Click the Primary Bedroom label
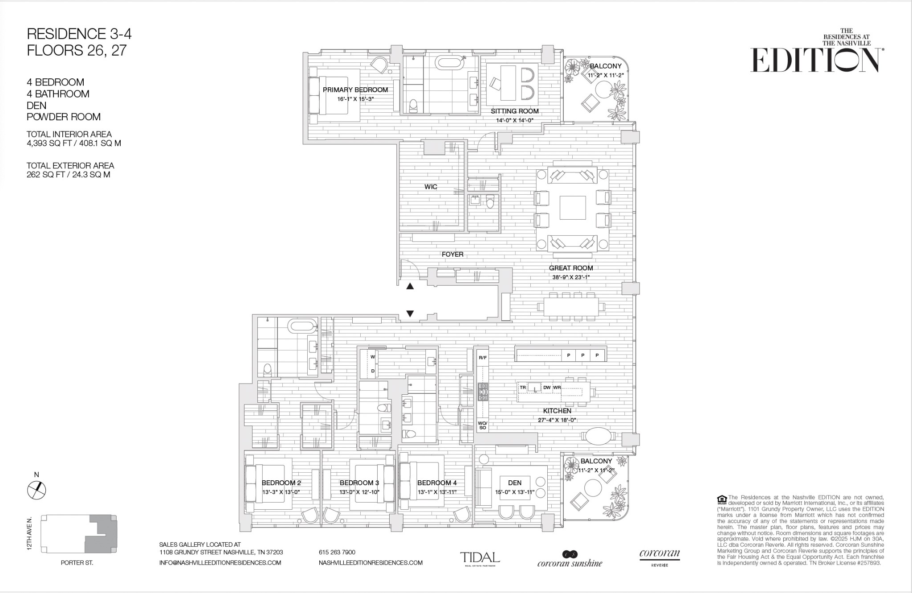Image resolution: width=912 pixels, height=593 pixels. (355, 90)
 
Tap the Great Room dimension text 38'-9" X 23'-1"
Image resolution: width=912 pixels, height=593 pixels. (571, 277)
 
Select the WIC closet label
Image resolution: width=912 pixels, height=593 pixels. (431, 187)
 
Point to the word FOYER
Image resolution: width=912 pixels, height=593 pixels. (452, 254)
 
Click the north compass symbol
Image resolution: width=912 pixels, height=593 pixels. (37, 491)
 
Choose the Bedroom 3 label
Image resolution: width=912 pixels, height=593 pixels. (359, 483)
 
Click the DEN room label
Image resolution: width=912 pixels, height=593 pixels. (515, 483)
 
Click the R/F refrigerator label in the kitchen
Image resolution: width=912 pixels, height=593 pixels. (483, 358)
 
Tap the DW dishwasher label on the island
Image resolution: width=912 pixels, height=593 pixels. (547, 388)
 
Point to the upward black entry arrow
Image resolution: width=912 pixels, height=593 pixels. (410, 286)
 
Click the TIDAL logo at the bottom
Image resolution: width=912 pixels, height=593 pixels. (480, 558)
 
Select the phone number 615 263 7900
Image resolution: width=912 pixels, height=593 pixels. (337, 552)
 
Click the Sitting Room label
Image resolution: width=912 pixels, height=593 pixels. (515, 111)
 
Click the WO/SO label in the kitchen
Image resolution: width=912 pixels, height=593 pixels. (483, 425)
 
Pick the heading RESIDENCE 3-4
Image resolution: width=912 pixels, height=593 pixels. (79, 34)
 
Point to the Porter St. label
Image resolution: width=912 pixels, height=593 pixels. (77, 563)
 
